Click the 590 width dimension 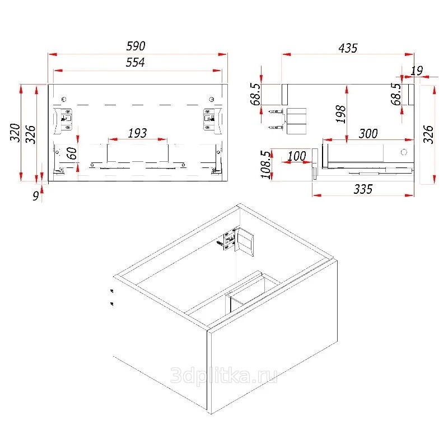[136, 46]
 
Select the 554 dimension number [135, 62]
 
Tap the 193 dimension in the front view [137, 133]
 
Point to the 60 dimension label [72, 153]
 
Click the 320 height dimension [15, 133]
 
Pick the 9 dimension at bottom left [36, 195]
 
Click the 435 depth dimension [348, 48]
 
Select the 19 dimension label [417, 71]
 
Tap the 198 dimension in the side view [341, 114]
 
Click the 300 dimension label [368, 133]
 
